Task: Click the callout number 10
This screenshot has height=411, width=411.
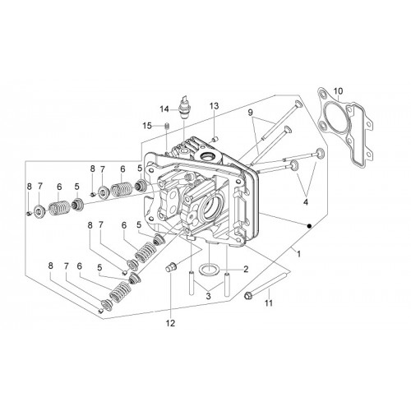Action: (x=339, y=90)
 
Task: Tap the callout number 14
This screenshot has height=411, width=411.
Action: (x=164, y=109)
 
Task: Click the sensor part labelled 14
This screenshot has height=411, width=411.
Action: (x=185, y=108)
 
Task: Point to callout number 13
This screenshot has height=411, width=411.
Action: (x=215, y=106)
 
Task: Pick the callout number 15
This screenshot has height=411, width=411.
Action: (x=147, y=126)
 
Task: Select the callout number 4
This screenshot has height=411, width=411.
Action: (x=306, y=202)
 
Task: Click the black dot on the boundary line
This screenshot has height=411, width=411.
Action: (x=309, y=226)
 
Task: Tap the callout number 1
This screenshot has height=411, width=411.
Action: (x=299, y=254)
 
